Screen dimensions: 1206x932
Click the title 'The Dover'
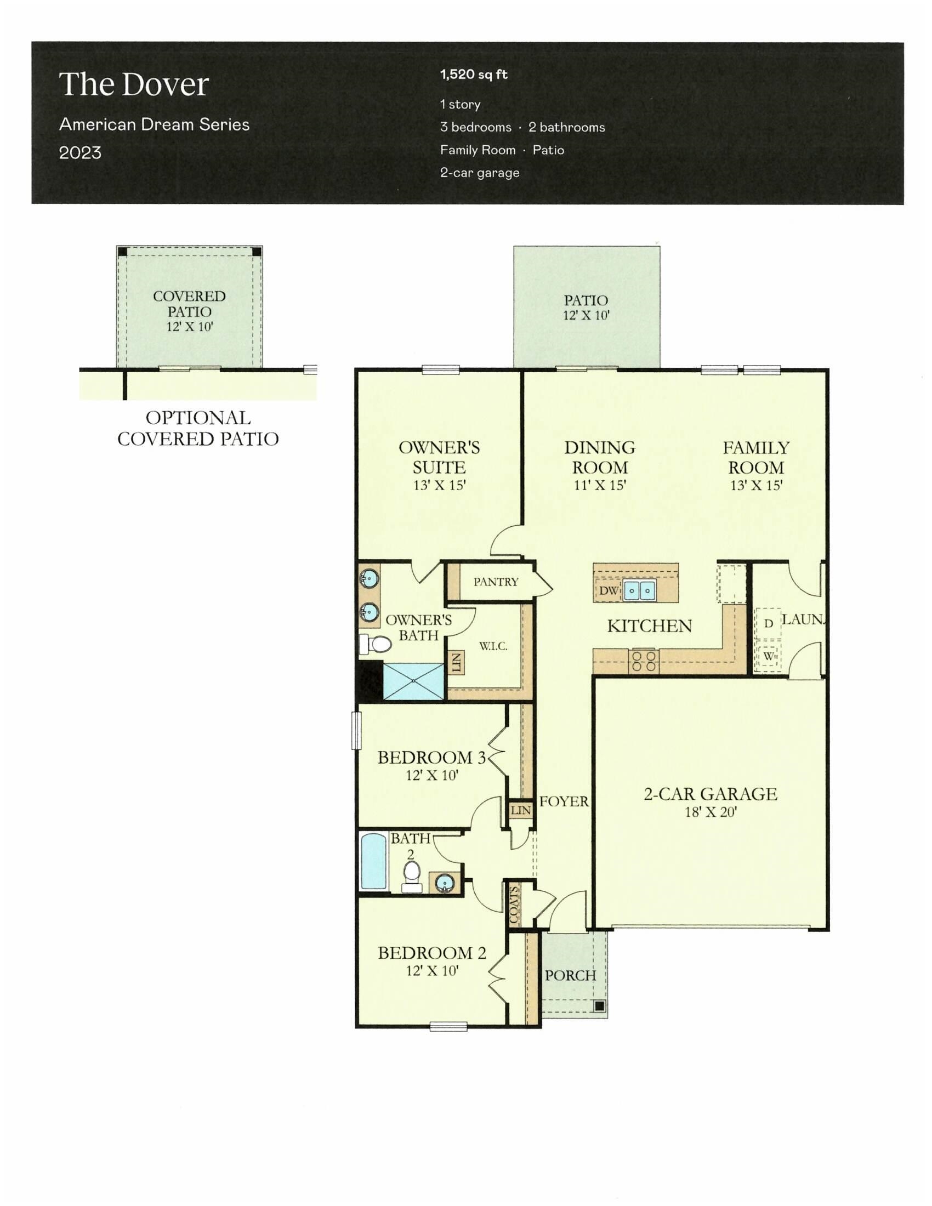[x=134, y=84]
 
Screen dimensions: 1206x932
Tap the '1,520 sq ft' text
[x=473, y=75]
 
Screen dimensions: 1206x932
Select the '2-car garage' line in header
[x=479, y=173]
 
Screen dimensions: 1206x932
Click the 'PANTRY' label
[x=495, y=582]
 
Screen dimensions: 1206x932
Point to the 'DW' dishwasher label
[x=608, y=590]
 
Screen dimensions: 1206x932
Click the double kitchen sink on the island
[x=639, y=590]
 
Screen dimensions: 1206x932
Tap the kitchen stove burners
[x=643, y=661]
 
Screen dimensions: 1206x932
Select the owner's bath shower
[x=413, y=681]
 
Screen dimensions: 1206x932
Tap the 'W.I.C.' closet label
[x=492, y=646]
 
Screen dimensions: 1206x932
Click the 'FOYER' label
[x=564, y=801]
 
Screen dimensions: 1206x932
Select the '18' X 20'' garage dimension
[x=710, y=812]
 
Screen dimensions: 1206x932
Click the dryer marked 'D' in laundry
[x=768, y=624]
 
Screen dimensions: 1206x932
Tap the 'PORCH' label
[x=570, y=975]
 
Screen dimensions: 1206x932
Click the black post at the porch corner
[x=599, y=1006]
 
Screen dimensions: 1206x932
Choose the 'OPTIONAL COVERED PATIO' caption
[x=198, y=428]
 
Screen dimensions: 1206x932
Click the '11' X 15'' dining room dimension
[x=600, y=485]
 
